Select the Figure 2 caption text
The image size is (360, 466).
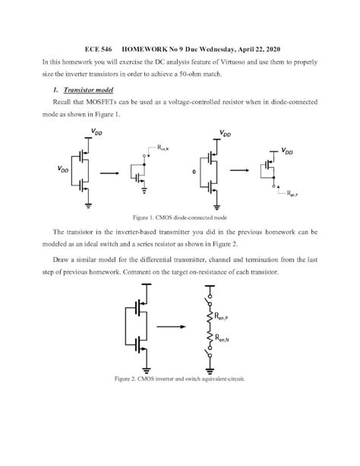(179, 378)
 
